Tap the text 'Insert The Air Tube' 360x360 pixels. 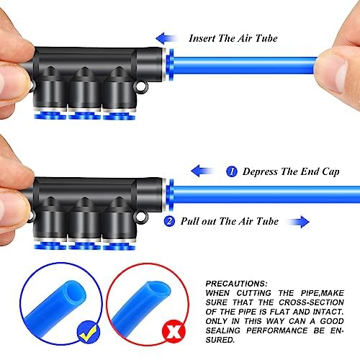[233, 38]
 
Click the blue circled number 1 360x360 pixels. [231, 172]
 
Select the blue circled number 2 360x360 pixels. [169, 222]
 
